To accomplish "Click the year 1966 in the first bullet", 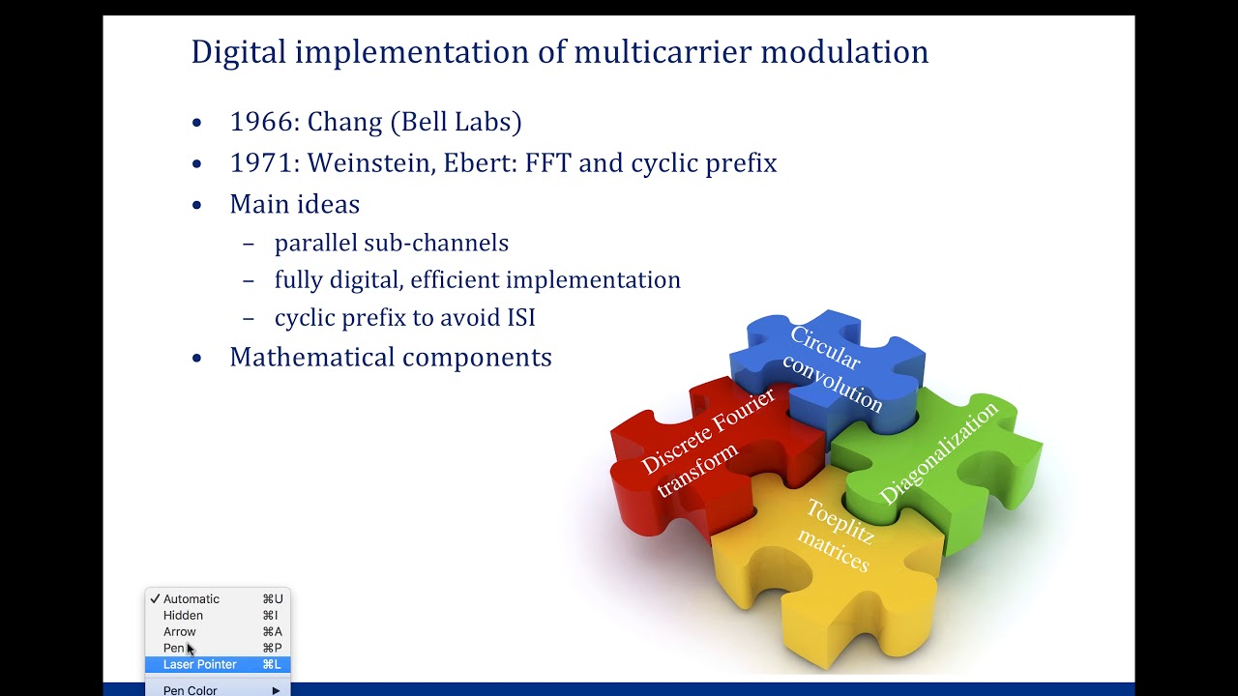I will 263,122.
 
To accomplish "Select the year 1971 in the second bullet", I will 263,162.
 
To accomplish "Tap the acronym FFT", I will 548,162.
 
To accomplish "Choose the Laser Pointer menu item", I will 200,665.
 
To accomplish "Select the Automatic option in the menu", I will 192,599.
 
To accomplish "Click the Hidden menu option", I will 183,616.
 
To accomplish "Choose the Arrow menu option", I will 180,632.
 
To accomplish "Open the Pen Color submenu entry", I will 191,690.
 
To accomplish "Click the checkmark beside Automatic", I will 155,599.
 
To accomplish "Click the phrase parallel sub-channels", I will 391,243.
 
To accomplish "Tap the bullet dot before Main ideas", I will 197,205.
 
